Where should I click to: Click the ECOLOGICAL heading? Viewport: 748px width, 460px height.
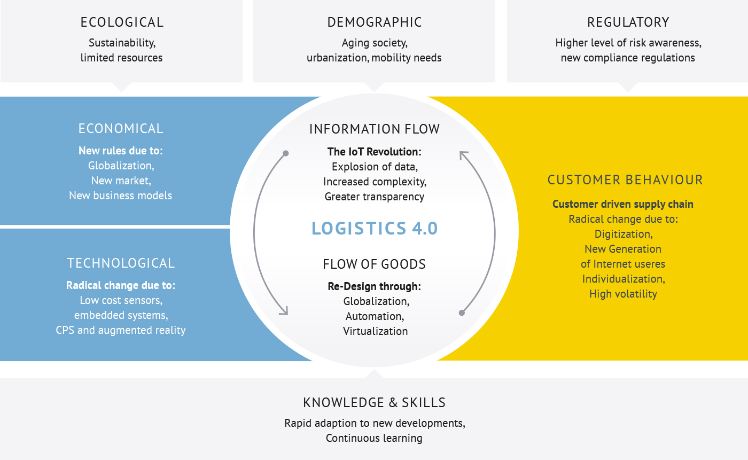pos(122,22)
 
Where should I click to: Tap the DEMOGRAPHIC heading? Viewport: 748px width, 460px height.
pos(375,22)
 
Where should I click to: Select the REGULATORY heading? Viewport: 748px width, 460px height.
pos(628,22)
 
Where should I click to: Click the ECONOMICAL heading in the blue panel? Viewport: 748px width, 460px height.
pos(121,129)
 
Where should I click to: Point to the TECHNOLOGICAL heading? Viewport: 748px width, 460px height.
pos(121,263)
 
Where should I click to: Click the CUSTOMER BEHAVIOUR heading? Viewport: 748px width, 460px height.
pos(625,180)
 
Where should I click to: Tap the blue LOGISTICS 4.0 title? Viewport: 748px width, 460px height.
pos(375,228)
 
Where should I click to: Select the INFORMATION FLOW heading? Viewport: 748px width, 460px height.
pos(375,129)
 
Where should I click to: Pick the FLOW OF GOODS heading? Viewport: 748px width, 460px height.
pos(374,264)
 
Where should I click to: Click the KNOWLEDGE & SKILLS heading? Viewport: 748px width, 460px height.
pos(375,403)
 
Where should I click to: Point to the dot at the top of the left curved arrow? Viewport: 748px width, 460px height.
pos(285,153)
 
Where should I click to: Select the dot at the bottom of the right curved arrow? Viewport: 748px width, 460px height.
pos(462,313)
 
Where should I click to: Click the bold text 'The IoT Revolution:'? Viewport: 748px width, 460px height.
pos(375,152)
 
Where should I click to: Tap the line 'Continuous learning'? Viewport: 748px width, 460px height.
pos(374,438)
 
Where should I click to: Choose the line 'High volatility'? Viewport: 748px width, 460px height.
pos(623,294)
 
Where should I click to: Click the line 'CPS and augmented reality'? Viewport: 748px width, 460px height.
pos(121,330)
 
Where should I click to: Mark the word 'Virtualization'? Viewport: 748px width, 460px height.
pos(375,331)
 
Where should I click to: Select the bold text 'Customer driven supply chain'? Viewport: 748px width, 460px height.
pos(623,204)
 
